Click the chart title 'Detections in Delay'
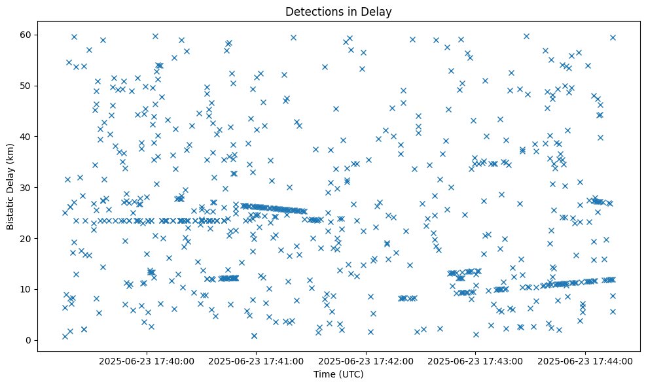point(338,11)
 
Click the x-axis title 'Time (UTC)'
point(338,374)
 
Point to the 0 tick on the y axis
point(29,340)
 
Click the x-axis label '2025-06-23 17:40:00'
point(147,361)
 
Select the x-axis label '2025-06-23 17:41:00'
point(256,361)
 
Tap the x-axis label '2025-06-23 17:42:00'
point(366,361)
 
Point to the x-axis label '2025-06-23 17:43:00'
point(475,361)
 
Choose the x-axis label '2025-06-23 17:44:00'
point(585,361)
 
